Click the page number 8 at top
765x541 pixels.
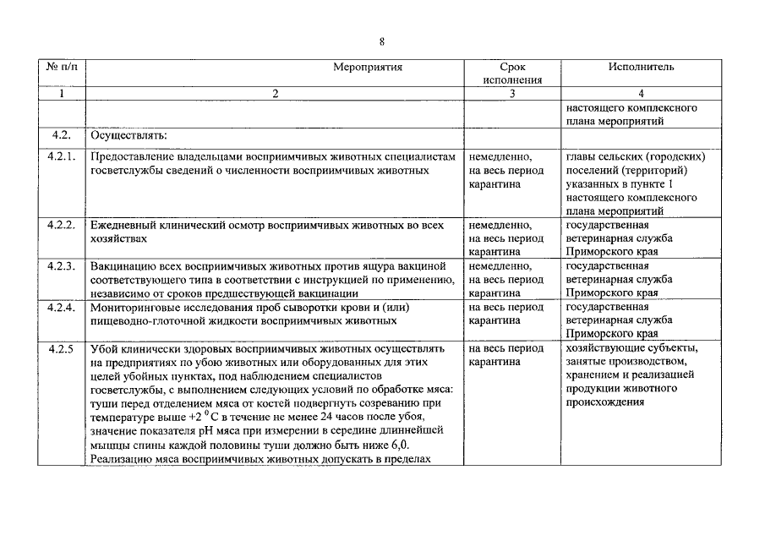[x=382, y=41]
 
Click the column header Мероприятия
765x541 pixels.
[x=367, y=67]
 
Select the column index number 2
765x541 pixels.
[x=275, y=94]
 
